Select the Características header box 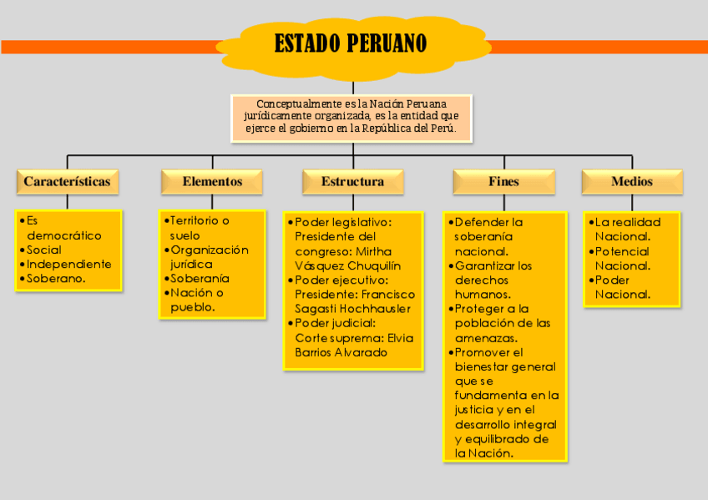click(x=67, y=181)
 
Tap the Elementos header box click(x=212, y=181)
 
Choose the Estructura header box click(x=353, y=181)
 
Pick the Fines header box click(x=503, y=181)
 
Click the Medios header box click(x=632, y=181)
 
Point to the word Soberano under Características click(x=56, y=279)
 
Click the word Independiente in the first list click(x=68, y=264)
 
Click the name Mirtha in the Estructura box click(x=373, y=251)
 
